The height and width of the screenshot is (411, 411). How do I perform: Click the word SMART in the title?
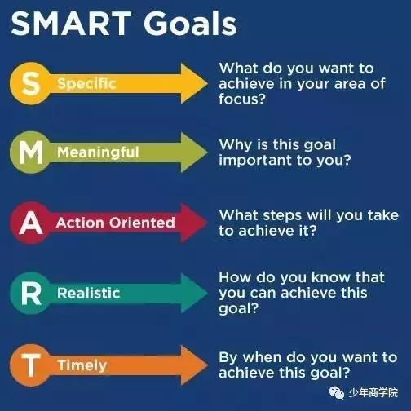coord(71,23)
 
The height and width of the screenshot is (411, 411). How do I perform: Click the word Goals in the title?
coord(190,23)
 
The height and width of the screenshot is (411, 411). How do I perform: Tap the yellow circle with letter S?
coord(30,83)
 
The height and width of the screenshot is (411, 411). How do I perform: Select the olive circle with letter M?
coord(30,152)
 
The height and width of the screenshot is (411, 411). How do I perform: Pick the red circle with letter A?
coord(30,223)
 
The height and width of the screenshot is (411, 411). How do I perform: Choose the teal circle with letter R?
coord(30,294)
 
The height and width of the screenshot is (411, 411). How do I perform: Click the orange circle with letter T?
coord(30,365)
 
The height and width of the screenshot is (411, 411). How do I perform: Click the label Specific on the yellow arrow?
coord(86,84)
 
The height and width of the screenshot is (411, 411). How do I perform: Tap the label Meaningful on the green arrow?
coord(98,152)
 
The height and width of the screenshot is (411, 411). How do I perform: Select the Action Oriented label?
coord(115,223)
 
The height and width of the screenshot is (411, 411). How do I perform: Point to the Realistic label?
coord(89,294)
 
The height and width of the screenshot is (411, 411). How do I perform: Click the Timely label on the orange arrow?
coord(82,365)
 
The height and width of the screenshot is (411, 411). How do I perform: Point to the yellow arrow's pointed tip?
coord(208,83)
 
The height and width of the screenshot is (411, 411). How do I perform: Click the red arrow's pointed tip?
coord(207,223)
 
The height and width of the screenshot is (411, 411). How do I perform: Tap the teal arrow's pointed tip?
coord(208,294)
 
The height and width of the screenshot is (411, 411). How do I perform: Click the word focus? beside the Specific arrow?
coord(242,99)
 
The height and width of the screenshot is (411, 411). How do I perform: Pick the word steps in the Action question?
coord(282,216)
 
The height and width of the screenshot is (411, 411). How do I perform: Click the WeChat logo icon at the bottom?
coord(337,393)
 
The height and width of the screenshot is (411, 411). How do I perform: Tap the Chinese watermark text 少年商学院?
coord(373,393)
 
